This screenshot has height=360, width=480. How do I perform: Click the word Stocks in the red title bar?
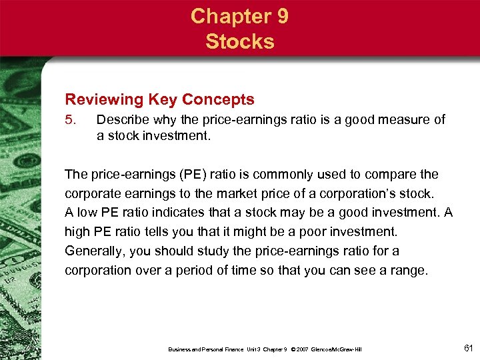point(240,41)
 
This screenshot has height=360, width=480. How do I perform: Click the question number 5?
point(69,121)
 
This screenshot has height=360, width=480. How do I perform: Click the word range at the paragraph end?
point(407,271)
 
